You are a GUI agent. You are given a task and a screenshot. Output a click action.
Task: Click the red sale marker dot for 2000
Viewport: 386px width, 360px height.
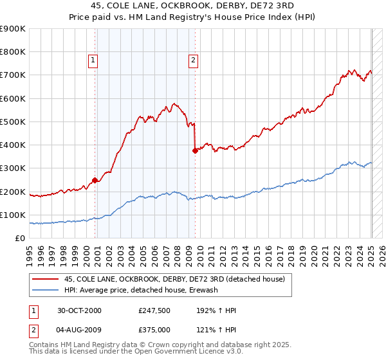pyautogui.click(x=95, y=181)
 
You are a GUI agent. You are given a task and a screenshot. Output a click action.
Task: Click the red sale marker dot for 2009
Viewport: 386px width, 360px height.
pyautogui.click(x=195, y=151)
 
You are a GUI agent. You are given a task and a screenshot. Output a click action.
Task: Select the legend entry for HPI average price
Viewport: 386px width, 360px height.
pyautogui.click(x=141, y=290)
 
